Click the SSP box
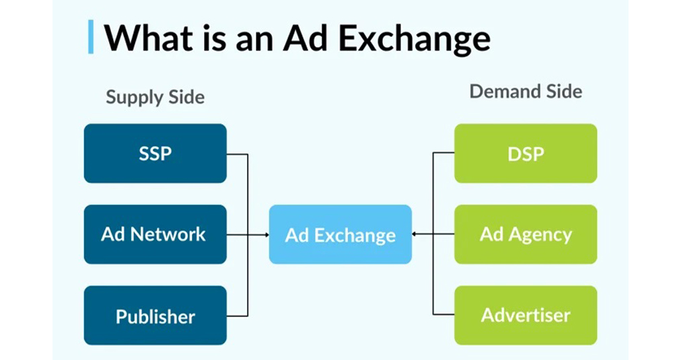(155, 153)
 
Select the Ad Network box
(155, 234)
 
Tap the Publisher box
(155, 316)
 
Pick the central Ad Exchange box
(341, 234)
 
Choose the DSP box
(526, 153)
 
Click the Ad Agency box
(526, 234)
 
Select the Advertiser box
(526, 316)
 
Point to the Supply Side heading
(155, 98)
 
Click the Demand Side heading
(526, 92)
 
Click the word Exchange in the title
(414, 39)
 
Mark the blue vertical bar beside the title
(91, 37)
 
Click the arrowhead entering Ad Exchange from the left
(267, 235)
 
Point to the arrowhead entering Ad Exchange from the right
(414, 234)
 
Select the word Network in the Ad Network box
(168, 234)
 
